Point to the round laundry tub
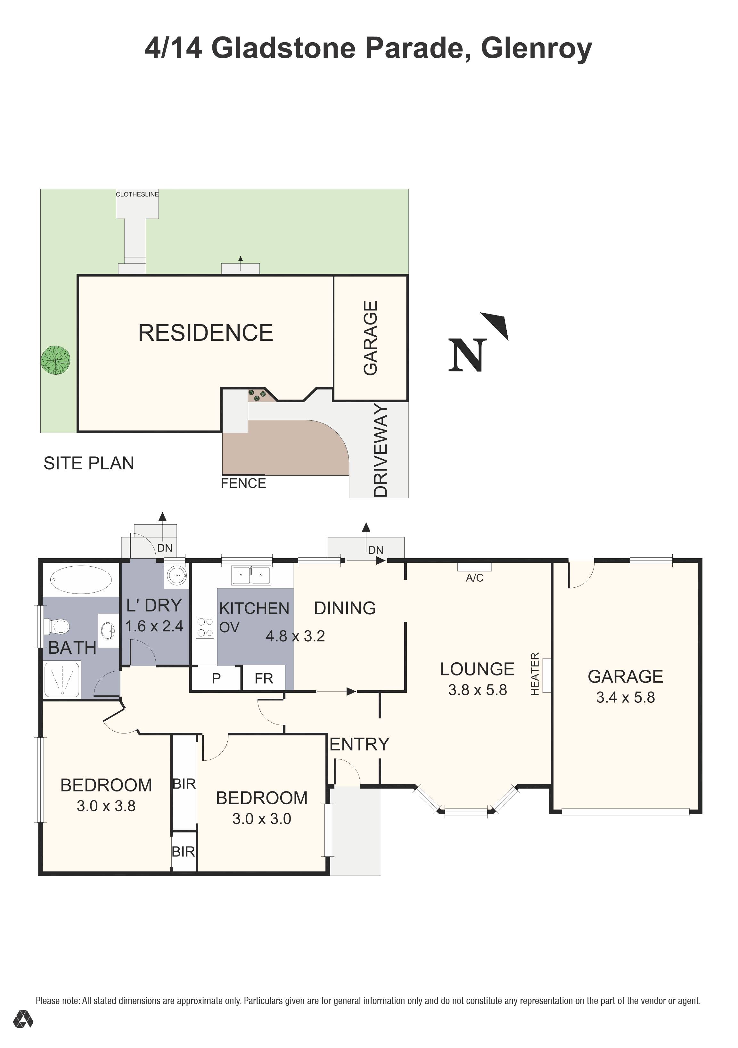pos(176,575)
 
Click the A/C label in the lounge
pos(474,578)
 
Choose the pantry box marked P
pos(216,678)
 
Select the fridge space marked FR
pos(264,678)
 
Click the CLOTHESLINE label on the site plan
pos(137,194)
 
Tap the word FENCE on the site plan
pos(243,483)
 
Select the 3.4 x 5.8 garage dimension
pos(625,698)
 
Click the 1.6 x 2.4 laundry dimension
pos(154,626)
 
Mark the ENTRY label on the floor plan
pos(359,744)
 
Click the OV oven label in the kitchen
pos(229,627)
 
